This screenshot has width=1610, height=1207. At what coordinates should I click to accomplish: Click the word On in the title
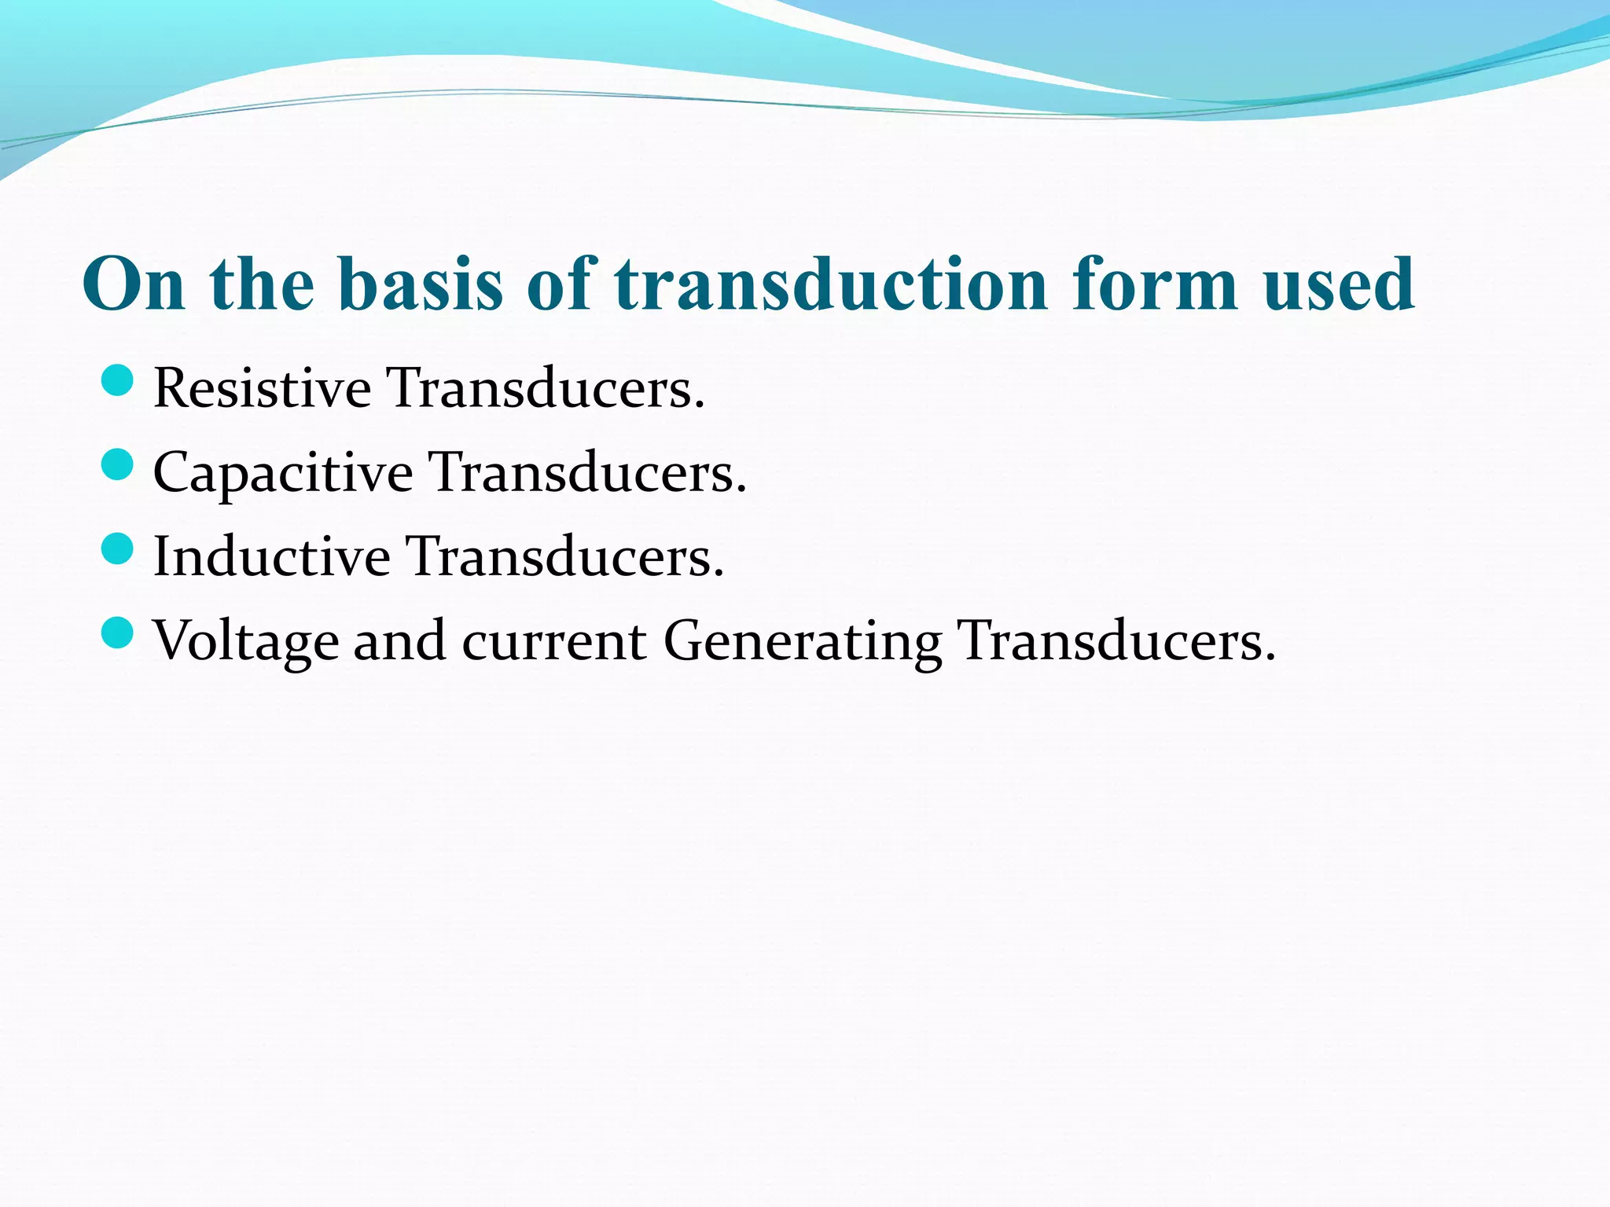point(134,284)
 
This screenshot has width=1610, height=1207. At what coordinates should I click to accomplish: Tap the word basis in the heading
point(421,284)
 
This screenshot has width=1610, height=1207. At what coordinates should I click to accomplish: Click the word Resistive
point(262,388)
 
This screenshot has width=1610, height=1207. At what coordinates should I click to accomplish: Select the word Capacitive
point(282,474)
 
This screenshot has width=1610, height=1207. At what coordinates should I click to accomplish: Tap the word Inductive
point(271,557)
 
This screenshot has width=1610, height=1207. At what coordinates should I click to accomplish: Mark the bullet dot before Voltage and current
point(118,633)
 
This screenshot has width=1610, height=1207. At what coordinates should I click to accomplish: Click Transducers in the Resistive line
point(546,388)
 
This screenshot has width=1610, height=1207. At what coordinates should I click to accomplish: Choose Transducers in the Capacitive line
point(587,474)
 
